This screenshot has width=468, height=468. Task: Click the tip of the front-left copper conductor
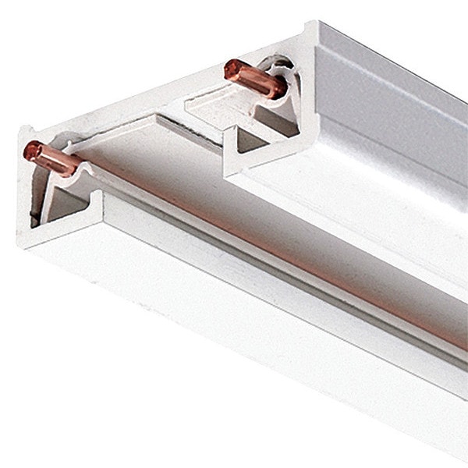click(30, 147)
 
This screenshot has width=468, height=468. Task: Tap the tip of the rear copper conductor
click(229, 69)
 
